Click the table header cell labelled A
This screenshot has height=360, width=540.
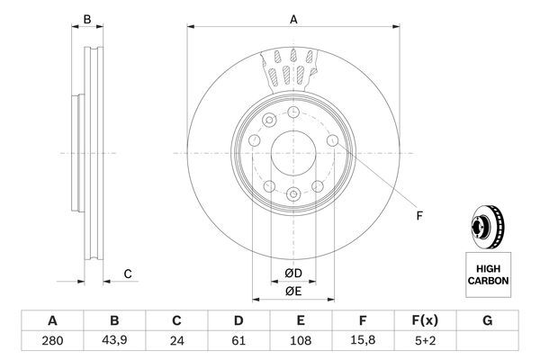click(51, 320)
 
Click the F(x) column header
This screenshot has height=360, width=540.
click(426, 320)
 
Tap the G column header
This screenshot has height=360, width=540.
click(488, 320)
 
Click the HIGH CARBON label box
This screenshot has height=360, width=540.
click(487, 274)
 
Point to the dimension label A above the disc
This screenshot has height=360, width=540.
click(292, 17)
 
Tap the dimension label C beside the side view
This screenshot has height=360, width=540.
click(128, 274)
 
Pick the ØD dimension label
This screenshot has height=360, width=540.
click(292, 273)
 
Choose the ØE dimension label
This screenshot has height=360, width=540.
click(292, 290)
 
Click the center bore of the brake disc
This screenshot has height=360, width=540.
click(292, 153)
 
